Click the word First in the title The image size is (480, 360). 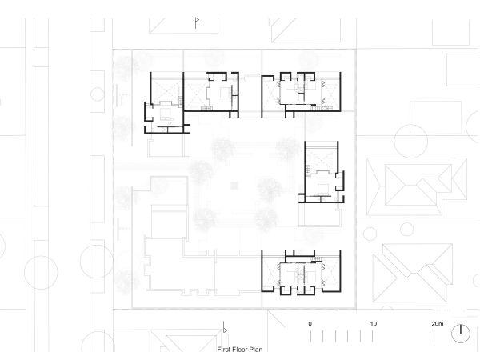coord(223,350)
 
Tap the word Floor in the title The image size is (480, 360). coord(239,350)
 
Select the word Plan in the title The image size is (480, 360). coord(256,350)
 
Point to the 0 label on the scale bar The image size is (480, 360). coord(310,324)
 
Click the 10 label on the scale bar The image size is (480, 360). coord(373,324)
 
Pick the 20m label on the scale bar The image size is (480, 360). coord(438,324)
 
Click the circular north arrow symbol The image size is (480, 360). coord(461,334)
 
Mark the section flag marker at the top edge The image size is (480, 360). coord(197,23)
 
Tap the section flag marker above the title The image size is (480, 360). coord(225,328)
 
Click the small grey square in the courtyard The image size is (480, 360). coord(234,186)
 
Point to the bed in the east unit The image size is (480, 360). coord(323,189)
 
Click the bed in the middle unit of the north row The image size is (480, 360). coord(225,93)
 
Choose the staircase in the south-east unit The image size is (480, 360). coord(317,259)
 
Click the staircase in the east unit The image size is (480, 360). coord(308,170)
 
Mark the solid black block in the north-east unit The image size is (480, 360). coord(314,106)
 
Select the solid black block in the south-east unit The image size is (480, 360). coord(314,261)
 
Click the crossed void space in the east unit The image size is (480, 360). coord(322,159)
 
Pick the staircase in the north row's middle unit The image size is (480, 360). coord(206,107)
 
